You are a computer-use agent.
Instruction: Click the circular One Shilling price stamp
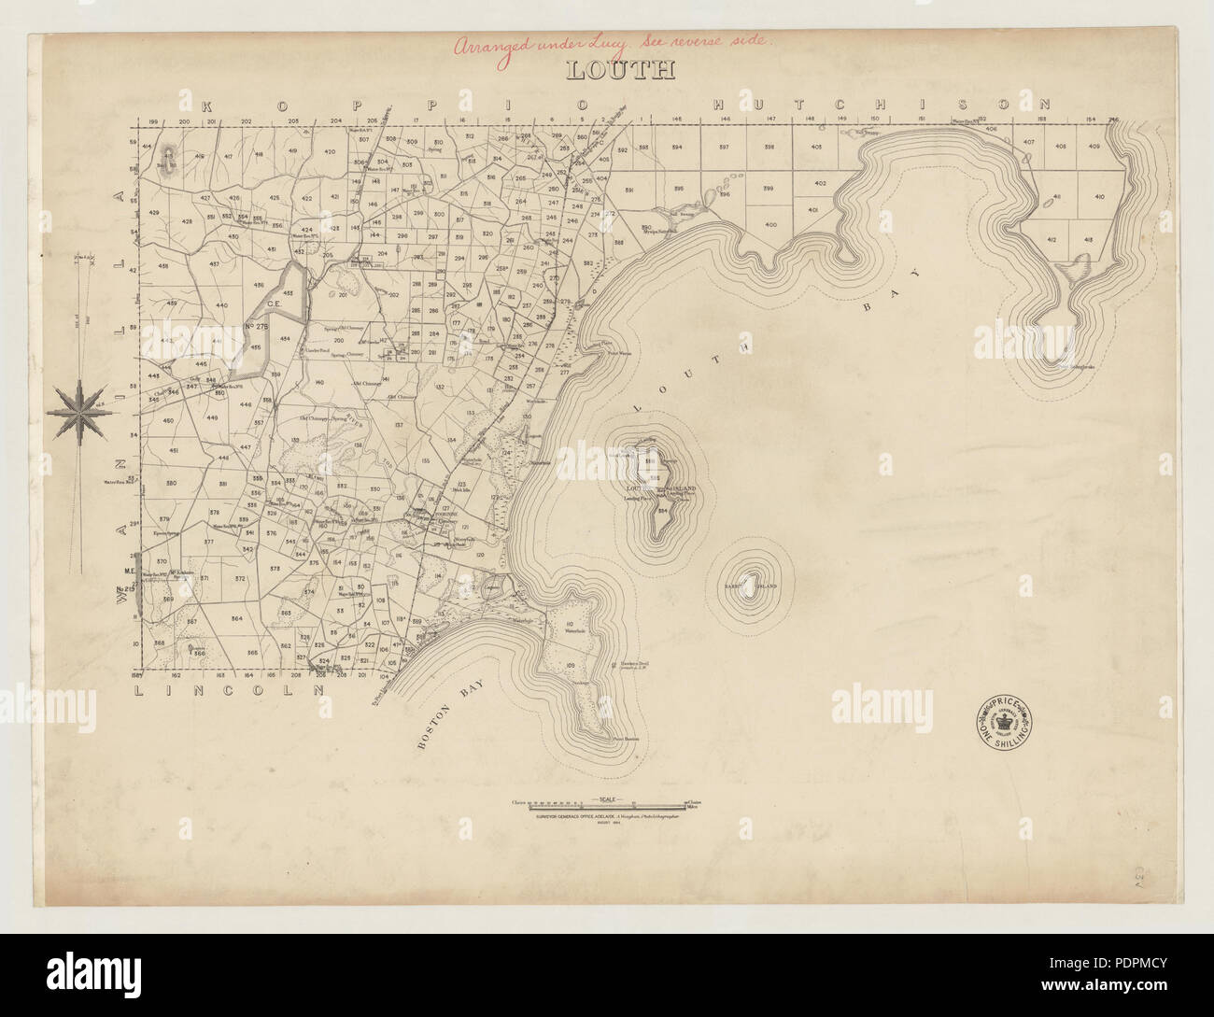(x=1004, y=720)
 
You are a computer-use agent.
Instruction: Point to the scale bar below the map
(x=607, y=802)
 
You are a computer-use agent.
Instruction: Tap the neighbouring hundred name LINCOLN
(x=230, y=691)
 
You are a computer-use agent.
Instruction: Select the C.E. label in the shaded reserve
(x=275, y=303)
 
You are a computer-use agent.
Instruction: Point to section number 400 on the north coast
(x=769, y=225)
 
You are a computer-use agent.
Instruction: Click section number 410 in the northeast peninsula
(x=1098, y=197)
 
